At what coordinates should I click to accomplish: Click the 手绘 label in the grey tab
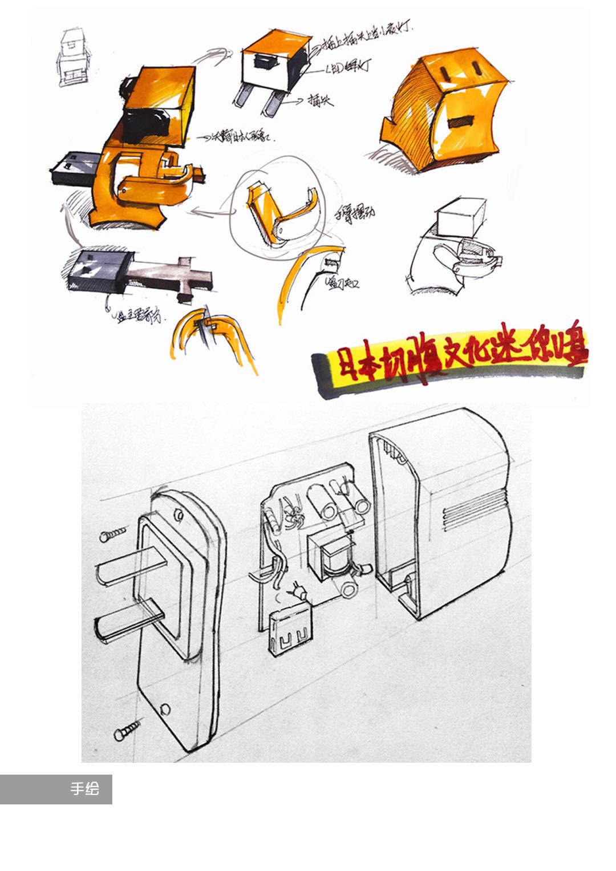(x=84, y=788)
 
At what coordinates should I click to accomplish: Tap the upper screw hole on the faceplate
(x=178, y=515)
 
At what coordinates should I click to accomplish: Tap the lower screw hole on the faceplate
(x=165, y=708)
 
